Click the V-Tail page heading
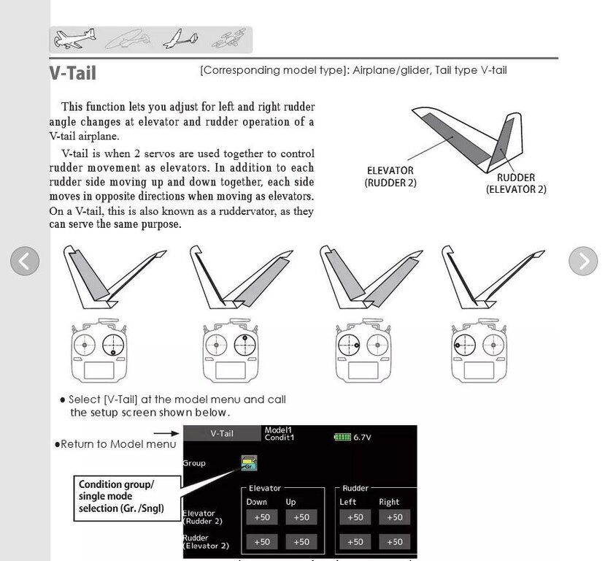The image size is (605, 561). click(73, 73)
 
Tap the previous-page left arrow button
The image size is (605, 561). click(24, 261)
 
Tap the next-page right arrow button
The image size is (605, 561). click(582, 261)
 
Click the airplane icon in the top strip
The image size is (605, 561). click(75, 39)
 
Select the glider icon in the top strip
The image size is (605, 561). click(180, 39)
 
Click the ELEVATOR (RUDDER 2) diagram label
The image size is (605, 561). click(390, 177)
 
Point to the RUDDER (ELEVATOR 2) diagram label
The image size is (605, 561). click(515, 183)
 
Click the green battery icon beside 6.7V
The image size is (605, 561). click(342, 437)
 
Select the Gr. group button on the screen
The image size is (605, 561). click(249, 463)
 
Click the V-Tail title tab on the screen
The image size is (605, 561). click(222, 433)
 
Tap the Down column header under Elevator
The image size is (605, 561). click(256, 502)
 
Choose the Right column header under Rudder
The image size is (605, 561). click(389, 502)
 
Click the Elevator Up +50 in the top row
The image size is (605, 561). click(301, 517)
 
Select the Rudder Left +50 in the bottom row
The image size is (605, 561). click(354, 542)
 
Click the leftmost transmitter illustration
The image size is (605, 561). click(99, 351)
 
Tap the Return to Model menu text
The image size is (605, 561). click(117, 444)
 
